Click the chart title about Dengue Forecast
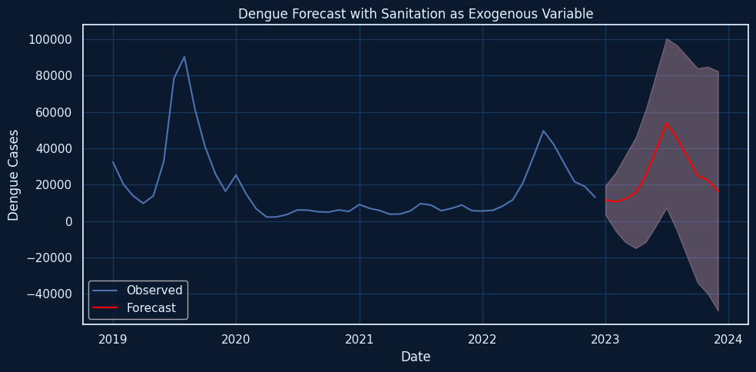tap(416, 14)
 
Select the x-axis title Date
tap(416, 357)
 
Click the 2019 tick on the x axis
tap(113, 339)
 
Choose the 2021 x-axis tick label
tap(359, 339)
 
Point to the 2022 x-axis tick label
tap(482, 339)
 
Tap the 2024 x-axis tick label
tap(728, 339)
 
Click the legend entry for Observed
tap(154, 291)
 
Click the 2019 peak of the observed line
tap(184, 57)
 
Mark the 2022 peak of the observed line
tap(543, 131)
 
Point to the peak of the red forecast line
tap(666, 123)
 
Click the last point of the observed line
tap(595, 198)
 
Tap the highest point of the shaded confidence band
tap(667, 39)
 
